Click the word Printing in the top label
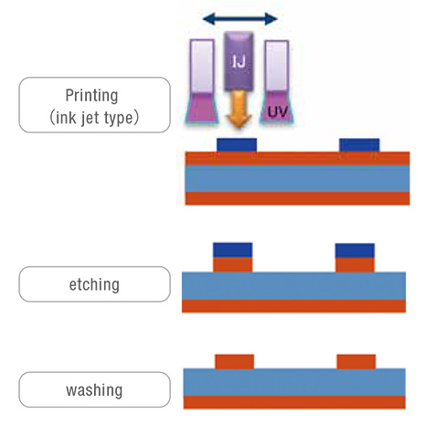(91, 96)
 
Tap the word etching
(94, 285)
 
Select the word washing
(94, 390)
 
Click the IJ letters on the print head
(239, 62)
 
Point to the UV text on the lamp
(278, 112)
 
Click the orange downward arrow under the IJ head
(239, 109)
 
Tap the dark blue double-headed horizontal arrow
(240, 19)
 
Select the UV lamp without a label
(202, 81)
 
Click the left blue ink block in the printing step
(237, 145)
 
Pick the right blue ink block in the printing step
(359, 145)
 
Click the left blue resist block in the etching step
(233, 250)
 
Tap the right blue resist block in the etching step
(355, 250)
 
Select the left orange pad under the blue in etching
(233, 265)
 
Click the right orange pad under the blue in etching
(355, 265)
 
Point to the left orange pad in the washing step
(235, 362)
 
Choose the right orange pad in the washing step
(356, 362)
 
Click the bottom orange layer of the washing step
(294, 402)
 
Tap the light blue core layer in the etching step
(293, 286)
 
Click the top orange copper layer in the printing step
(297, 158)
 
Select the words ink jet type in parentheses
(94, 118)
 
